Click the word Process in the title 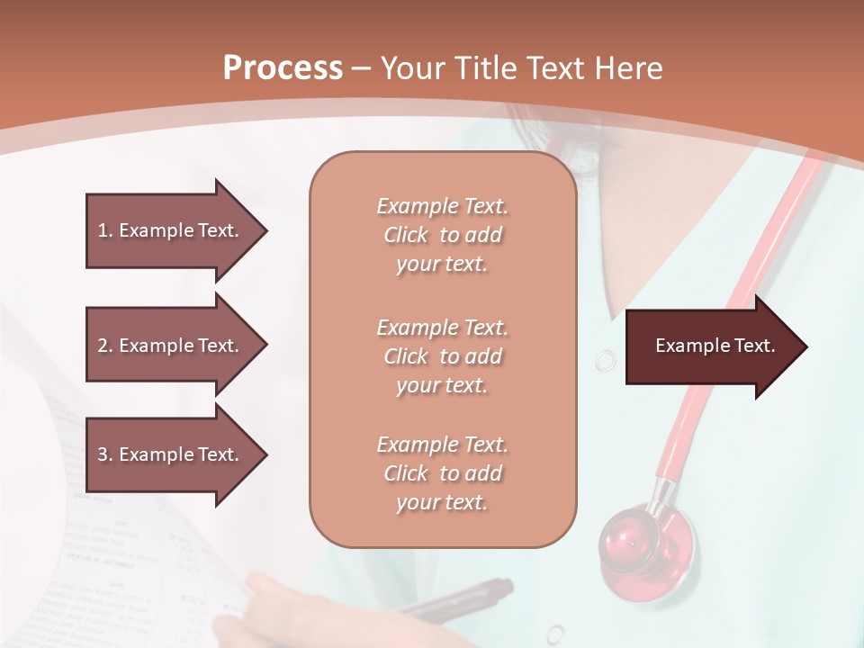(x=283, y=68)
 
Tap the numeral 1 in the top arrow (x=103, y=230)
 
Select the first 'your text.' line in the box (x=442, y=265)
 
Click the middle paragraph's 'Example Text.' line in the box (x=442, y=328)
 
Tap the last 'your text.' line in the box (x=442, y=503)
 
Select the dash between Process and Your (x=361, y=69)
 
